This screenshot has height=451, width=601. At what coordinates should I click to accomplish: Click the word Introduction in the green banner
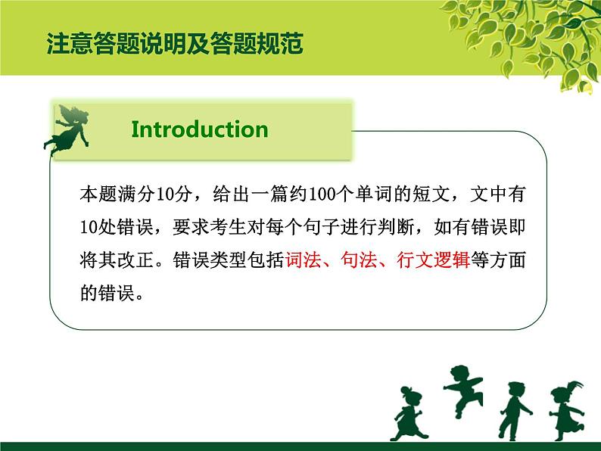click(x=200, y=129)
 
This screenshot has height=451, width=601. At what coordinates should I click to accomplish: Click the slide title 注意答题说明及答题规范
click(x=175, y=44)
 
